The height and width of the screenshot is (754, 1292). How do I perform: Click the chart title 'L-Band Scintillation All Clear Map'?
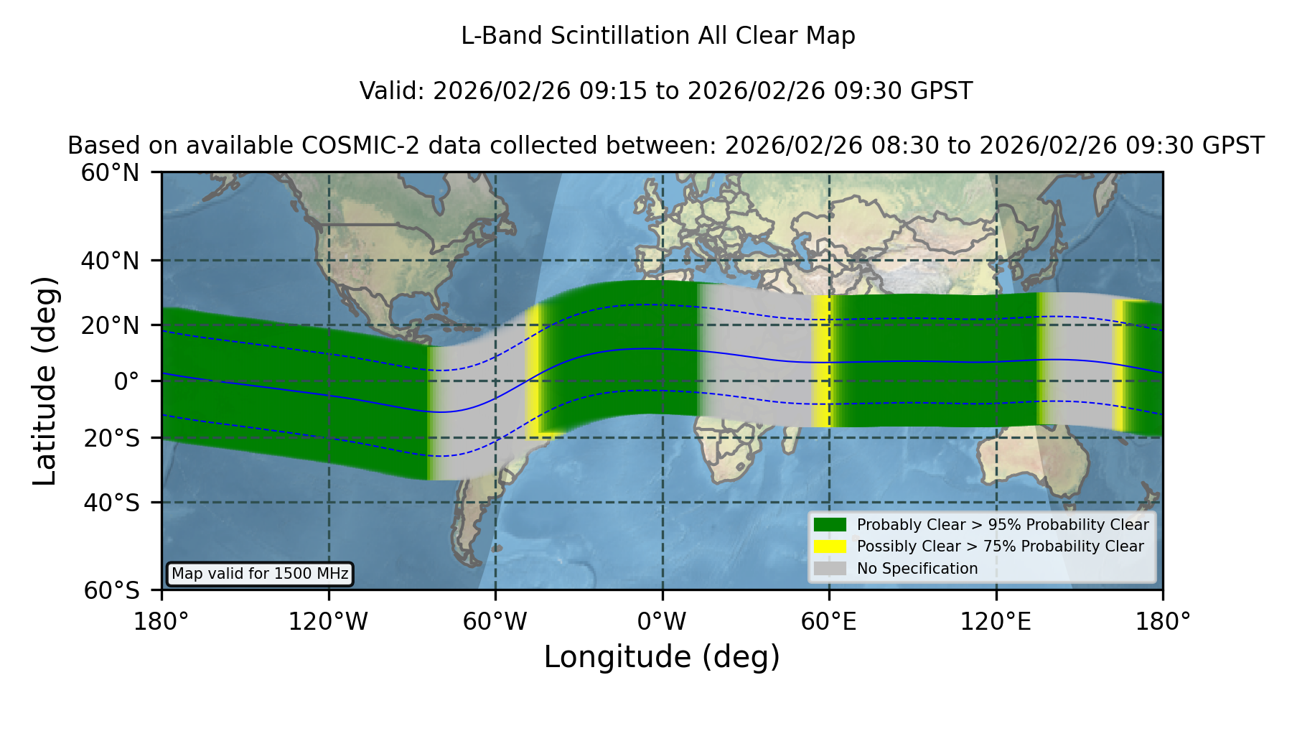pos(657,36)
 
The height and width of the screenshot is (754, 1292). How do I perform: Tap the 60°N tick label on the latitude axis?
pos(111,173)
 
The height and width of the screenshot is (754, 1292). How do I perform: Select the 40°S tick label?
pos(112,503)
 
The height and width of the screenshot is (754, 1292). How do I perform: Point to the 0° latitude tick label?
pos(126,381)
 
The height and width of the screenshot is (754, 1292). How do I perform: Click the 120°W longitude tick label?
pos(328,622)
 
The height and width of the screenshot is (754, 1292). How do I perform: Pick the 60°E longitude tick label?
pos(829,622)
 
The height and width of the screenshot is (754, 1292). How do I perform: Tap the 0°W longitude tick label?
pos(662,622)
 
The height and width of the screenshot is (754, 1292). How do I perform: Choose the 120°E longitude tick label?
pos(996,622)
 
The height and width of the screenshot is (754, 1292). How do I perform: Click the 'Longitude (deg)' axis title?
pos(662,657)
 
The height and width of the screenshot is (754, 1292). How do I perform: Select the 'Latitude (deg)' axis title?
pos(45,381)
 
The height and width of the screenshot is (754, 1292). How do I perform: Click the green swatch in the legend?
pos(830,524)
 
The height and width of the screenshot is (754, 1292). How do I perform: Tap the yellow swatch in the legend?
pos(830,546)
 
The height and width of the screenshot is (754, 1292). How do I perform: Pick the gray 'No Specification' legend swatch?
pos(830,569)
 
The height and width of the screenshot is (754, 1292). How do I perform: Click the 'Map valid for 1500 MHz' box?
pos(260,574)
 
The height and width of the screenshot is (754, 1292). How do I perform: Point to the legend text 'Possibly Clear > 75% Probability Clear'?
pos(1001,546)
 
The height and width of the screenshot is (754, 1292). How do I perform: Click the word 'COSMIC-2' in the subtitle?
pos(350,146)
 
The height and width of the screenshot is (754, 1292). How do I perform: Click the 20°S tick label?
pos(112,438)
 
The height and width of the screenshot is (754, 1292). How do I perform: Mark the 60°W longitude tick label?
pos(495,622)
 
